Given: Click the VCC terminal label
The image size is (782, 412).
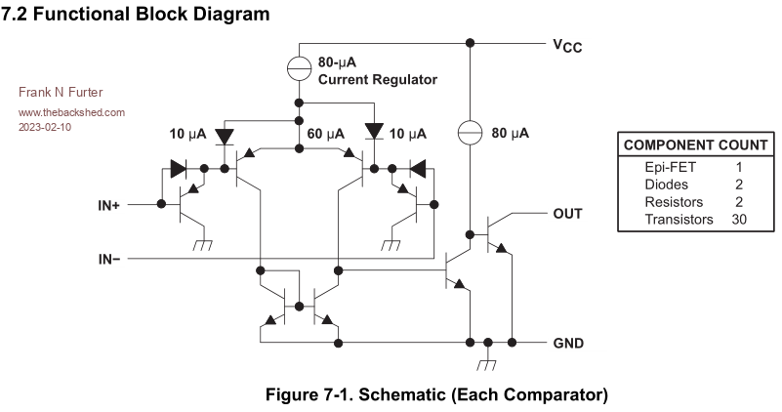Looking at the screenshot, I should point(566,45).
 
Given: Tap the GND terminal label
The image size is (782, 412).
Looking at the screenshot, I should point(568,344).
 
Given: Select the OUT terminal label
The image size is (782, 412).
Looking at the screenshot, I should point(568,213).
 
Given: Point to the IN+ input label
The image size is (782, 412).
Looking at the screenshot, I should point(109,205).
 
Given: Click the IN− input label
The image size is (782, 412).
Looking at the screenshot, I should point(109,259).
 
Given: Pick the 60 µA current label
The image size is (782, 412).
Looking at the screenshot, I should point(326,133).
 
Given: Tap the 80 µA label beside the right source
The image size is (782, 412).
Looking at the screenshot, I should point(510,133).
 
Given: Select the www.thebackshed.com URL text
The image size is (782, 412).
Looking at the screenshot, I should point(71,112).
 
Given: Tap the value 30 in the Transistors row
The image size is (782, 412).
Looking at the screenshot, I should point(739,219).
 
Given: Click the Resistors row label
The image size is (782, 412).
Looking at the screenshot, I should point(674,201).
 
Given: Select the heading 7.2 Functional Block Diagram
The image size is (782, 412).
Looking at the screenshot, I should point(137,15).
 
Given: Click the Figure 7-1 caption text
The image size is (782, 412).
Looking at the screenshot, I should point(436,395).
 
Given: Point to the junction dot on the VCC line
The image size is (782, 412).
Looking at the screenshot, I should point(471,44).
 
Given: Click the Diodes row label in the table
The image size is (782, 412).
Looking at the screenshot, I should point(667,185).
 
